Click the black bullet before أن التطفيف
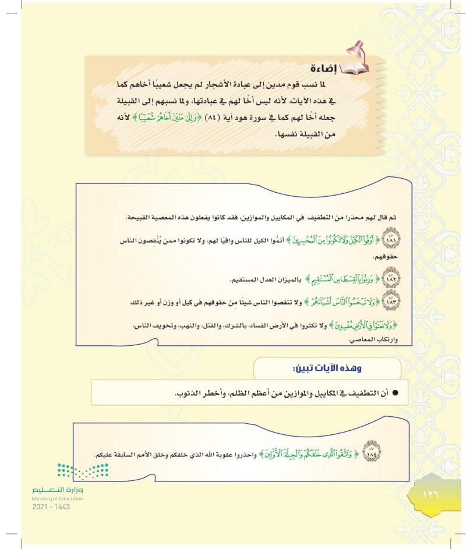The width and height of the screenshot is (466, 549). [394, 394]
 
